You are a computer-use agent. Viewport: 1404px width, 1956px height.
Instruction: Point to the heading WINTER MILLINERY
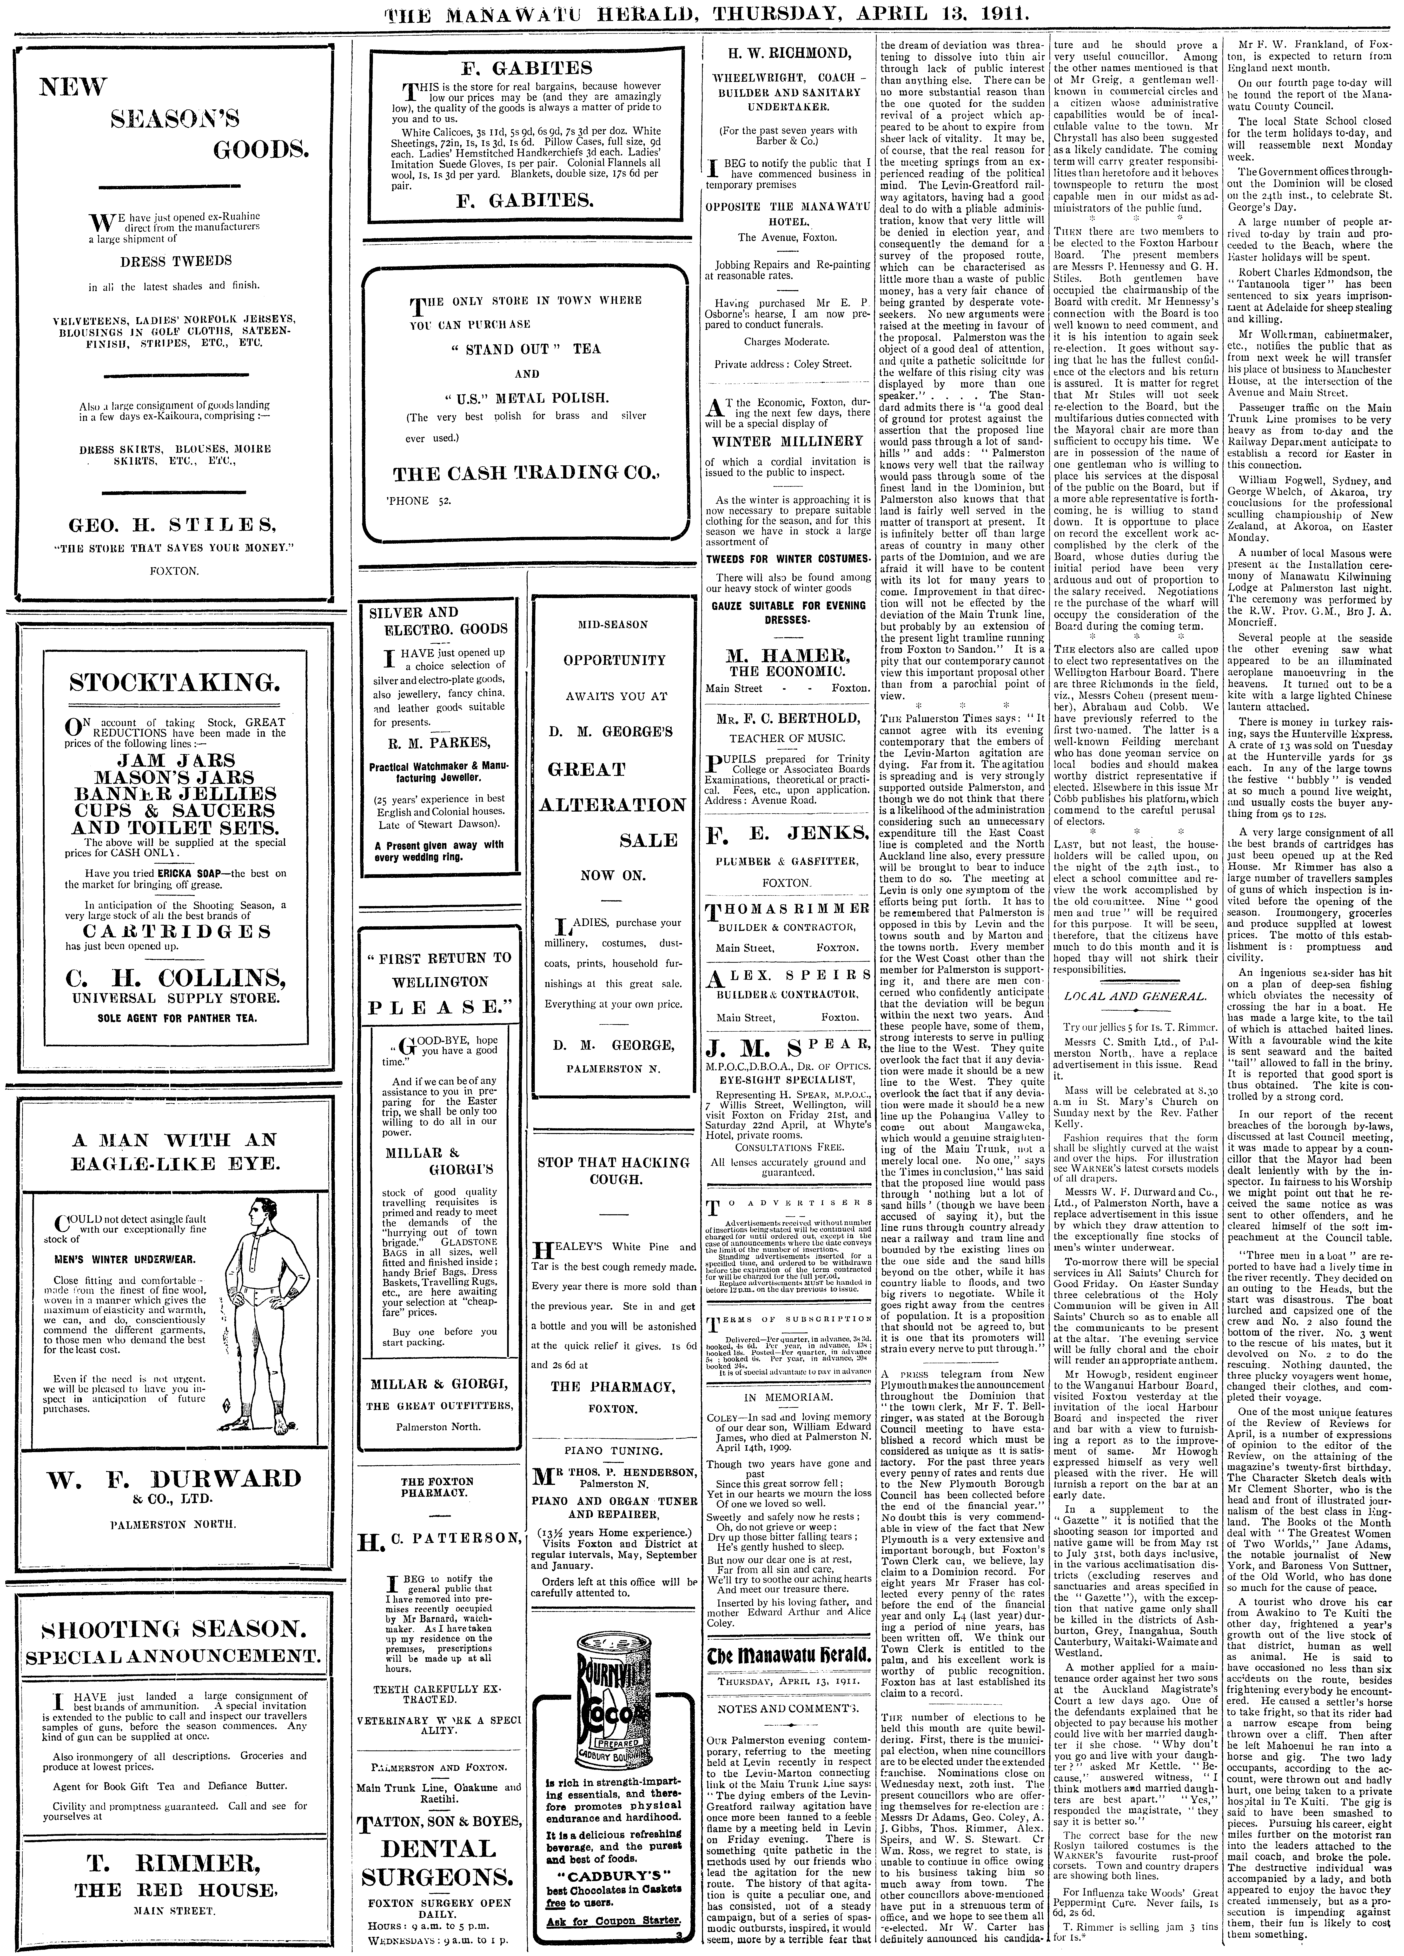tap(787, 441)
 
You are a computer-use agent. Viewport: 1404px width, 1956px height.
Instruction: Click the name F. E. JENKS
tap(787, 834)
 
